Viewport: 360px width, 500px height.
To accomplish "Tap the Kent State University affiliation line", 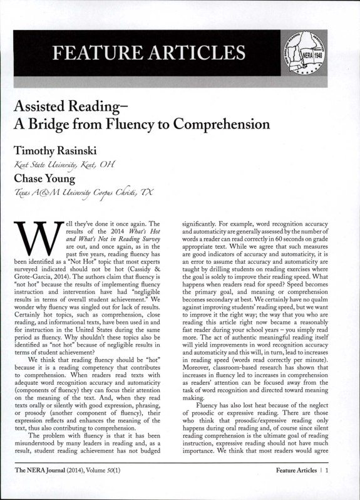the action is [68, 165].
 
